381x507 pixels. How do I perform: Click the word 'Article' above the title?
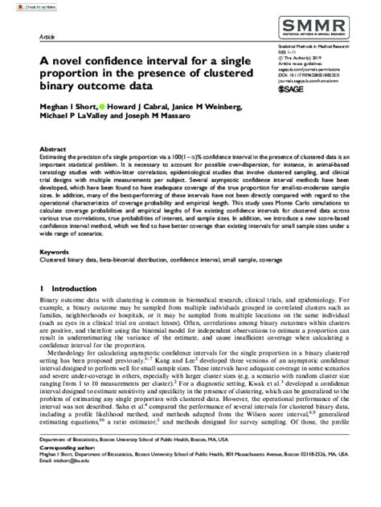click(x=47, y=38)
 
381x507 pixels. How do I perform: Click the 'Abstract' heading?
click(x=52, y=149)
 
